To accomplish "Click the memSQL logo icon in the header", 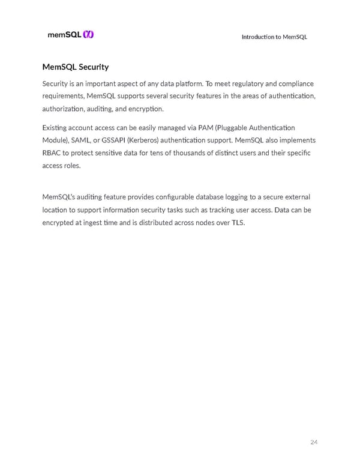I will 88,35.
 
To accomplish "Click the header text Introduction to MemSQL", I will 274,37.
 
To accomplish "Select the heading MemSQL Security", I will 76,67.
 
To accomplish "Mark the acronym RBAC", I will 53,154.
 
